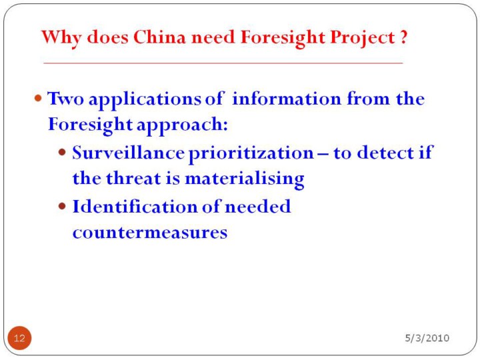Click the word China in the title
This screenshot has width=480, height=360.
coord(159,37)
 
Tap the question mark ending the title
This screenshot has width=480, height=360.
coord(403,37)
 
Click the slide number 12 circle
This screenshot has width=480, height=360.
coord(19,338)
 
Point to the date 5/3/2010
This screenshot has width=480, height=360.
coord(427,337)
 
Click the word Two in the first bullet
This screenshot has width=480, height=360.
coord(65,99)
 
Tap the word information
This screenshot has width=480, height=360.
coord(287,99)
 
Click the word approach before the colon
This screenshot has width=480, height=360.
coord(180,125)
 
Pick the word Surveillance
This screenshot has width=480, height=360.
coord(128,153)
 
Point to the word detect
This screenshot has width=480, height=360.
coord(385,153)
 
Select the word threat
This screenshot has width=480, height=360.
coord(133,178)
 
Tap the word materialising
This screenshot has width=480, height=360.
coord(245,179)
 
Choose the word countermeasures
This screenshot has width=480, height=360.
coord(150,233)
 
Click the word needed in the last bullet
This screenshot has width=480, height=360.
coord(258,206)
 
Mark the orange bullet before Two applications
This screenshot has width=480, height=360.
coord(38,98)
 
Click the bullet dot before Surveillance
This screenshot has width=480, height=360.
coord(62,152)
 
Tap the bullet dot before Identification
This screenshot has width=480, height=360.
coord(62,206)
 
